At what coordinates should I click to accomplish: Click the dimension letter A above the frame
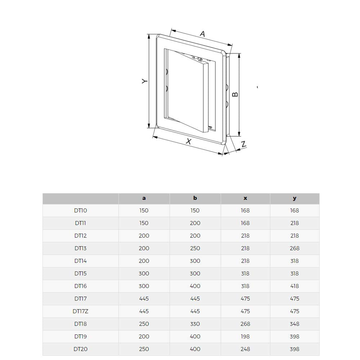click(x=202, y=34)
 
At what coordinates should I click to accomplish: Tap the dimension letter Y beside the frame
click(x=144, y=81)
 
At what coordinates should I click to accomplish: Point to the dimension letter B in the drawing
click(x=235, y=94)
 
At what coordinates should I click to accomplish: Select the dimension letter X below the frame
click(x=189, y=141)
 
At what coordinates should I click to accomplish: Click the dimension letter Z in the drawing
click(x=244, y=144)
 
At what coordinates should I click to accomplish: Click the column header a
click(x=144, y=198)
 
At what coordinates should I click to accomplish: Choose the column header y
click(x=294, y=198)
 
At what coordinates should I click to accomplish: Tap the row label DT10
click(x=80, y=211)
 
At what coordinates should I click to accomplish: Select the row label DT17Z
click(x=80, y=311)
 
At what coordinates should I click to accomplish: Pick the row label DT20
click(x=80, y=349)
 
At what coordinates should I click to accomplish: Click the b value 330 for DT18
click(x=195, y=324)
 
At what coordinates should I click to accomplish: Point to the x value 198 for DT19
click(x=245, y=337)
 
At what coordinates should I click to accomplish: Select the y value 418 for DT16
click(x=294, y=286)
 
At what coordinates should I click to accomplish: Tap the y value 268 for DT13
click(x=294, y=248)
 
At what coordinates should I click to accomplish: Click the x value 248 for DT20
click(x=245, y=349)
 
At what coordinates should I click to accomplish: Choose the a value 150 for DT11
click(x=144, y=223)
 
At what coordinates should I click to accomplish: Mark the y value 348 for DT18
click(x=294, y=324)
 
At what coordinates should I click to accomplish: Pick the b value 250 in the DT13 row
click(x=195, y=248)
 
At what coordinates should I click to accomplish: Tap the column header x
click(x=245, y=198)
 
